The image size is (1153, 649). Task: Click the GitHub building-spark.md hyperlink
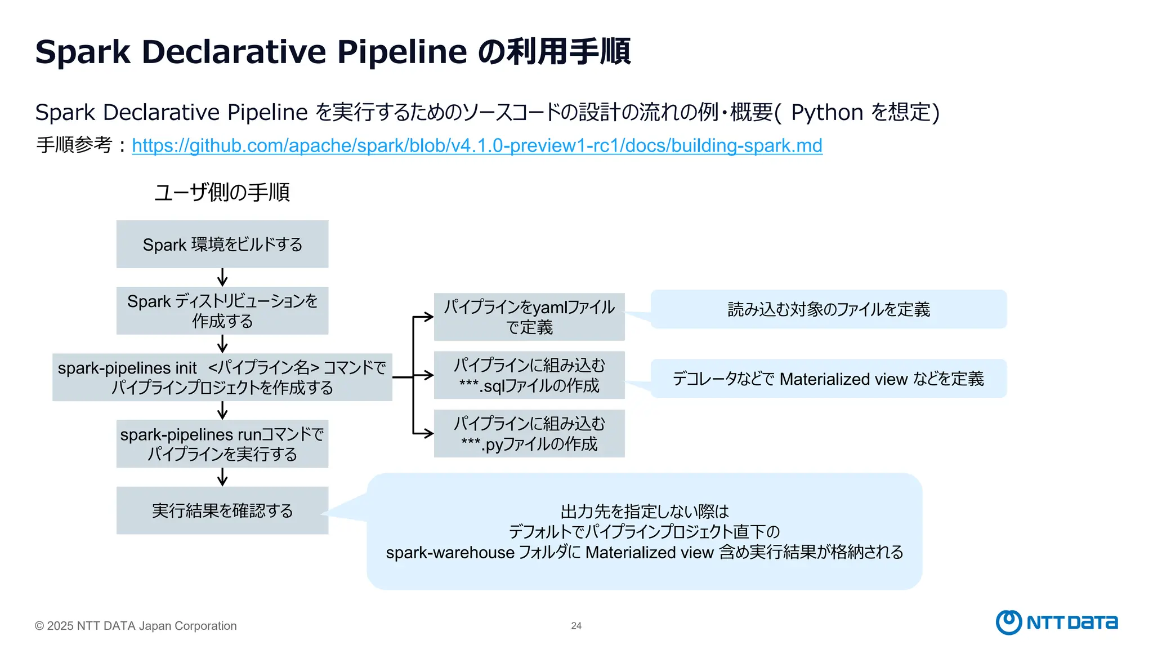pyautogui.click(x=477, y=145)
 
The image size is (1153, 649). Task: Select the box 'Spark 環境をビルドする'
pyautogui.click(x=222, y=244)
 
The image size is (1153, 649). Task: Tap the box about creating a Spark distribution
pyautogui.click(x=222, y=310)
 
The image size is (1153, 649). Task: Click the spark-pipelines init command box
pyautogui.click(x=222, y=377)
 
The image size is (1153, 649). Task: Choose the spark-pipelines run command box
pyautogui.click(x=222, y=443)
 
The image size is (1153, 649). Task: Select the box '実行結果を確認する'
pyautogui.click(x=222, y=510)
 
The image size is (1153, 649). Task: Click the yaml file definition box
pyautogui.click(x=529, y=317)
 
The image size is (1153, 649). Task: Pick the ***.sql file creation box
pyautogui.click(x=529, y=375)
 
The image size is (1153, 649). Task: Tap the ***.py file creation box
pyautogui.click(x=529, y=433)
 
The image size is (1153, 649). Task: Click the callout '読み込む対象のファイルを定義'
pyautogui.click(x=829, y=309)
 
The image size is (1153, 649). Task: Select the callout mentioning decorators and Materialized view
pyautogui.click(x=829, y=379)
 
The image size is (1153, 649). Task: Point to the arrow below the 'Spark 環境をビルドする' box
pyautogui.click(x=222, y=277)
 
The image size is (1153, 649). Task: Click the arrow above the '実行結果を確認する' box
pyautogui.click(x=222, y=477)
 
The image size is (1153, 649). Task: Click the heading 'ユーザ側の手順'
pyautogui.click(x=222, y=192)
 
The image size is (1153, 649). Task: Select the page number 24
pyautogui.click(x=576, y=625)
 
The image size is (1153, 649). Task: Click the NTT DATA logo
pyautogui.click(x=1057, y=622)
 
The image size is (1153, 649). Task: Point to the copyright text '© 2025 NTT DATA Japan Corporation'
pyautogui.click(x=136, y=626)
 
